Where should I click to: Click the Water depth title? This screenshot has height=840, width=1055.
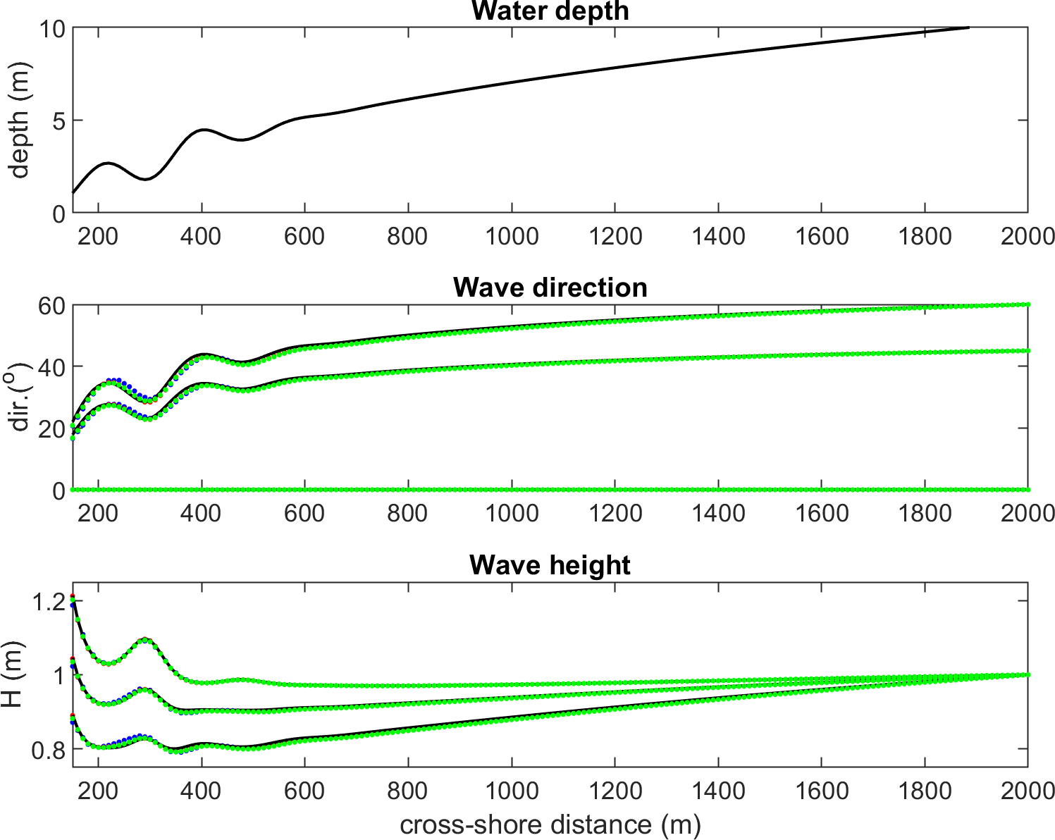coord(550,11)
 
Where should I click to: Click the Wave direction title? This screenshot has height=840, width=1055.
coord(550,288)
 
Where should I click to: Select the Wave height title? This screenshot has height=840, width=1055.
coord(550,565)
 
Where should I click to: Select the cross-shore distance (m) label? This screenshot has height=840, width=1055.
coord(550,824)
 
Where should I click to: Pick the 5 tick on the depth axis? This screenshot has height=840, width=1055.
coord(58,121)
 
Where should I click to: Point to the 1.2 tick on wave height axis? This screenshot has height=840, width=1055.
coord(48,601)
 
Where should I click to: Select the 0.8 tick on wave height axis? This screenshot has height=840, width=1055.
coord(48,750)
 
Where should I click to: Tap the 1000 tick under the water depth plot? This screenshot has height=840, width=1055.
coord(512,236)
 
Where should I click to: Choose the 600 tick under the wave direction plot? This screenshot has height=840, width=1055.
coord(304,513)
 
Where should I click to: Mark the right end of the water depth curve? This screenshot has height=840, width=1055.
coord(968,27)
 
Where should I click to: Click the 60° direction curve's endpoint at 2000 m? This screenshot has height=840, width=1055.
coord(1028,304)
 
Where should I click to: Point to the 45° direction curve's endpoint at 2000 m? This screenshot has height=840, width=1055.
coord(1028,351)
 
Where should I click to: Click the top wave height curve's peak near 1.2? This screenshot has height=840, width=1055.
coord(73,598)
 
